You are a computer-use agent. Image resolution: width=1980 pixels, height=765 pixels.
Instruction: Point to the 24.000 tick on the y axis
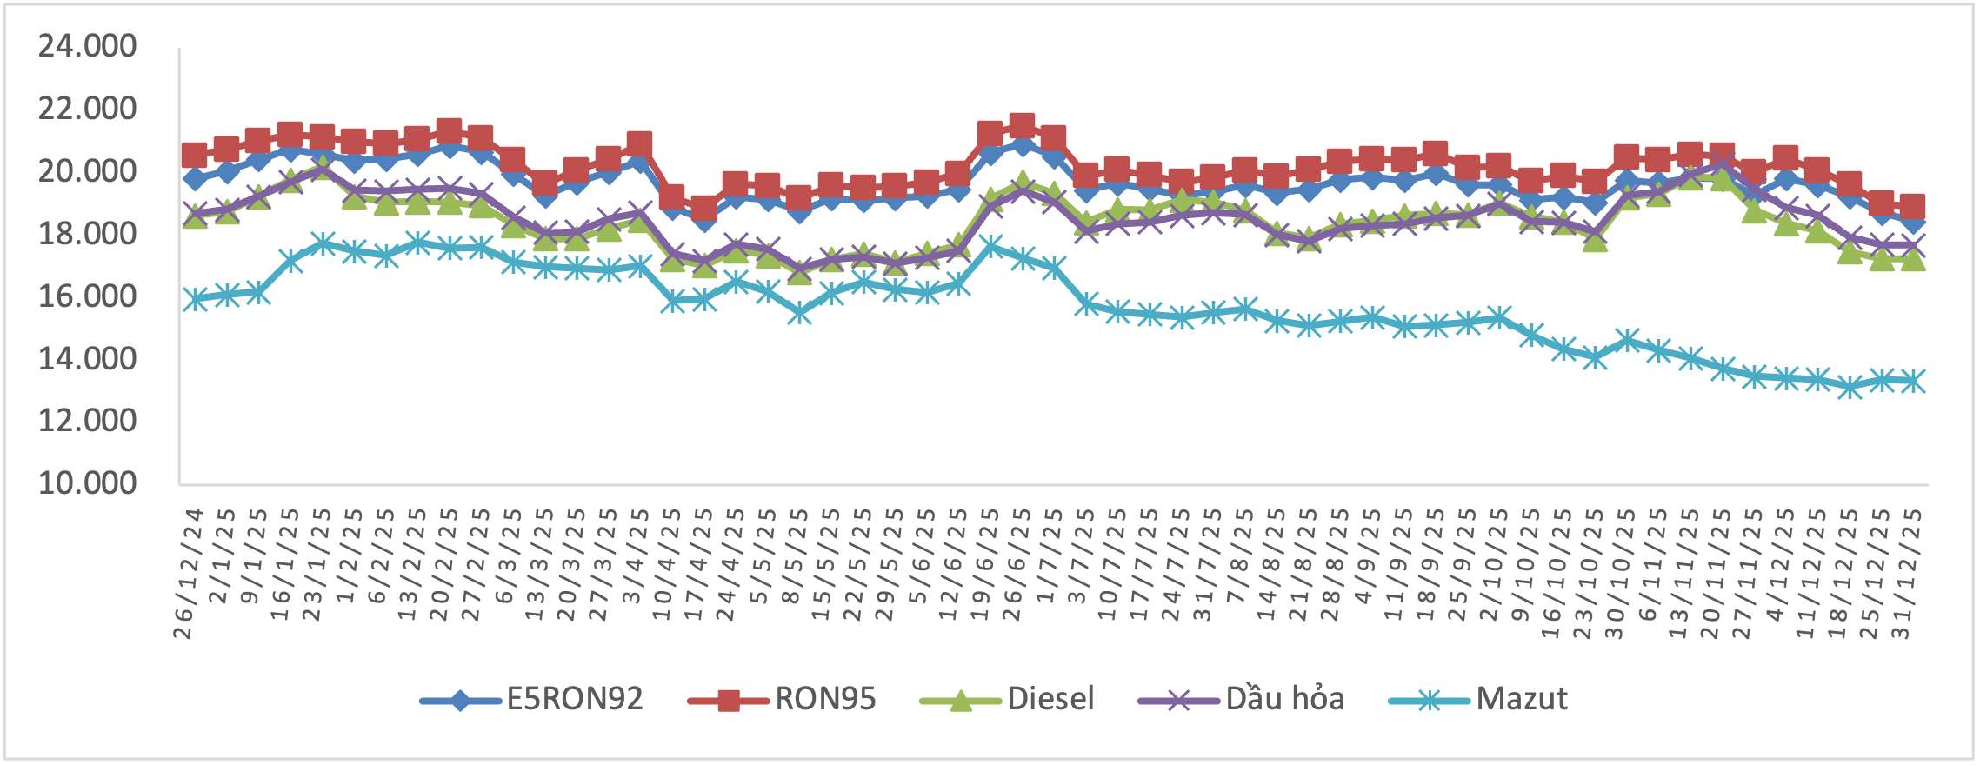(87, 46)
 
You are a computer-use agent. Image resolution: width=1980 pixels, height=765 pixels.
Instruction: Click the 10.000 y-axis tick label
(87, 483)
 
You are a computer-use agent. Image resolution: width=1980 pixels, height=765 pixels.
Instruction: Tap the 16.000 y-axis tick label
(87, 296)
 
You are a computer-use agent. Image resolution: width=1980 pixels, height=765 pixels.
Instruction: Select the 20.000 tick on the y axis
(87, 171)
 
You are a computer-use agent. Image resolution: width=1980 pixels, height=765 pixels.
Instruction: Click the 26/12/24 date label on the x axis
(183, 574)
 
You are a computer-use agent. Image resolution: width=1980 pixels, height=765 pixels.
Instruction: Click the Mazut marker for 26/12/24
(195, 299)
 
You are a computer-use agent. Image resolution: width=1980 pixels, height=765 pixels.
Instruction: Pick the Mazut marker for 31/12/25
(1912, 381)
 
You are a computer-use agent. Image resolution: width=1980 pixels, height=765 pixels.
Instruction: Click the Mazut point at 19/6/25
(990, 247)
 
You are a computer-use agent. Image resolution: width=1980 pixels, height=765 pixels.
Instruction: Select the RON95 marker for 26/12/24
(195, 156)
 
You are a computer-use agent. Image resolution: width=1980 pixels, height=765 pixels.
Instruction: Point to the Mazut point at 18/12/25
(1850, 388)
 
